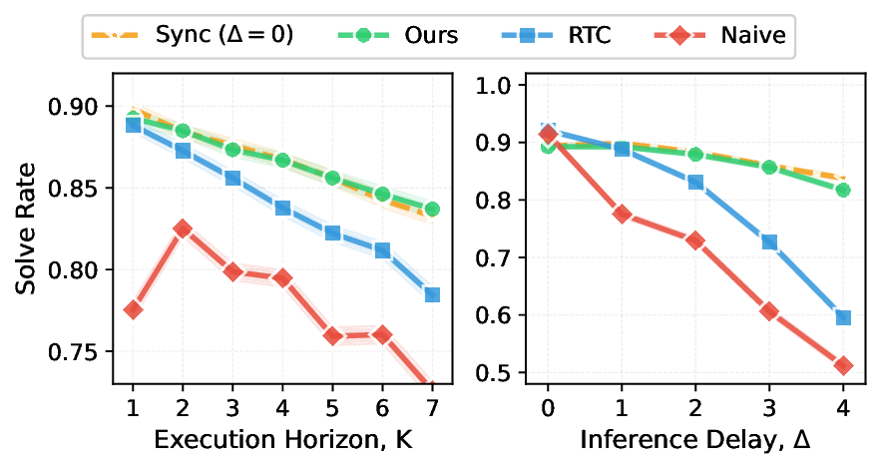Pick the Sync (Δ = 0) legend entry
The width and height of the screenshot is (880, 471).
point(191,36)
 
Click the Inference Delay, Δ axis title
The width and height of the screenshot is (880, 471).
point(696,440)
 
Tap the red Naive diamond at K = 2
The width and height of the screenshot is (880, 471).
point(183,229)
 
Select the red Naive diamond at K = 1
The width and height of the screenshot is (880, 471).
point(133,309)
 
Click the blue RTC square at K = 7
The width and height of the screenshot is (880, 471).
point(432,294)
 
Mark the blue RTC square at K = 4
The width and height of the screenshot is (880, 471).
point(282,208)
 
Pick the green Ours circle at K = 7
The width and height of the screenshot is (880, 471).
point(432,209)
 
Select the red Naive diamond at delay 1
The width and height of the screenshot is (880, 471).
point(622,214)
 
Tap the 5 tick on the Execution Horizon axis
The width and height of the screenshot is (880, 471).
point(332,407)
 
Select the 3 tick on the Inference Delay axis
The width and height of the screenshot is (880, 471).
point(769,407)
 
